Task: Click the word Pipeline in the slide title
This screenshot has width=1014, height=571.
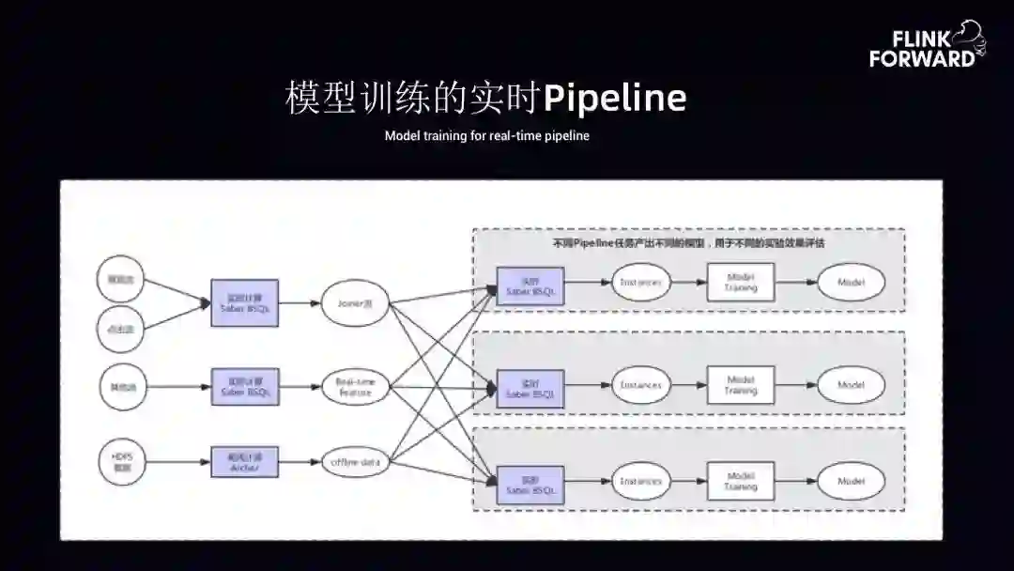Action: coord(615,98)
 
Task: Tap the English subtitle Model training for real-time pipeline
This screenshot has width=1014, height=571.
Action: coord(486,136)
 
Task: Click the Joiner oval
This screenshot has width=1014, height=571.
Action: coord(355,303)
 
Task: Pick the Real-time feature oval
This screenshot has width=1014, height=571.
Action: coord(355,386)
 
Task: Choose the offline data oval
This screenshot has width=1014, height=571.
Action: coord(355,462)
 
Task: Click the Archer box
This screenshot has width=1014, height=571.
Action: coord(244,461)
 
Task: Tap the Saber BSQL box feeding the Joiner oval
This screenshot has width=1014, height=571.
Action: coord(244,302)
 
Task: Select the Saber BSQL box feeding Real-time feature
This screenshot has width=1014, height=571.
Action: coord(244,386)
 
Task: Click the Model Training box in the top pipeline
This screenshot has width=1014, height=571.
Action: coord(740,282)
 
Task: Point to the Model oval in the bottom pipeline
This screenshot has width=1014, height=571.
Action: coord(851,482)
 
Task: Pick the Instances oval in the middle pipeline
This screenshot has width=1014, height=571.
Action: coord(641,385)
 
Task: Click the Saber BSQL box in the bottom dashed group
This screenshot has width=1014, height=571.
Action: coord(530,484)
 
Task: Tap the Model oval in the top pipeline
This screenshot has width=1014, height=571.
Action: coord(851,282)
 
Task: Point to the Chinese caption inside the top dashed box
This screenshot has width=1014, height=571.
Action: coord(688,243)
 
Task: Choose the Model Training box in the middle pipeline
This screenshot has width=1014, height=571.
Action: coord(740,385)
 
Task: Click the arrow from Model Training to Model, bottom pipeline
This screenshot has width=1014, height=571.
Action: coord(795,482)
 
